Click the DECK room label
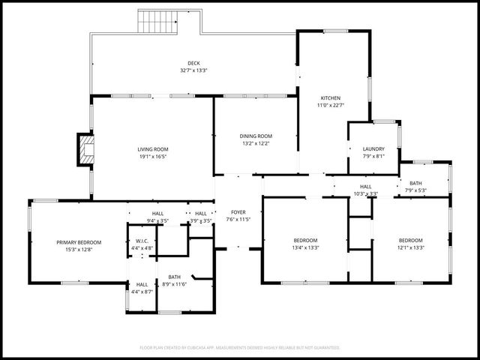click(x=193, y=63)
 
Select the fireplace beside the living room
click(x=85, y=150)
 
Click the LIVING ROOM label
click(x=152, y=149)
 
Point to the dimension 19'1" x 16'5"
click(x=152, y=157)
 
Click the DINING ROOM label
click(x=255, y=136)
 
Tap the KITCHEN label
click(x=331, y=98)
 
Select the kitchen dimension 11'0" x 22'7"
click(x=331, y=106)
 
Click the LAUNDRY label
click(x=373, y=149)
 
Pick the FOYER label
click(x=238, y=212)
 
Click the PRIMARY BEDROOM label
click(x=79, y=242)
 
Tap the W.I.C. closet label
click(x=142, y=241)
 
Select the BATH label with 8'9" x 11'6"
click(x=174, y=277)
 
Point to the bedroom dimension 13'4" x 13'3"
click(x=306, y=247)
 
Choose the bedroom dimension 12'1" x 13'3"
click(x=410, y=247)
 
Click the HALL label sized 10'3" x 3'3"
click(x=365, y=187)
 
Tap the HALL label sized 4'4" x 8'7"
click(x=142, y=284)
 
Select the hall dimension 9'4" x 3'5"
click(x=157, y=220)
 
